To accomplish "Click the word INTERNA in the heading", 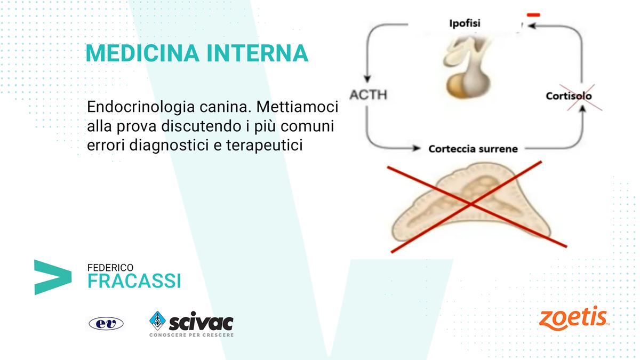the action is pyautogui.click(x=257, y=53).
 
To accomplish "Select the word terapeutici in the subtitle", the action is pyautogui.click(x=265, y=146).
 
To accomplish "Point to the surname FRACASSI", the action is pyautogui.click(x=134, y=281).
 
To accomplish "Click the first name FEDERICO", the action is pyautogui.click(x=110, y=268).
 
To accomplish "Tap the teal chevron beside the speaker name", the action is pyautogui.click(x=53, y=277).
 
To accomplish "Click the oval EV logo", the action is pyautogui.click(x=106, y=324).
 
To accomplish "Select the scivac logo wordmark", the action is pyautogui.click(x=201, y=322).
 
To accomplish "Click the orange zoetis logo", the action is pyautogui.click(x=574, y=318).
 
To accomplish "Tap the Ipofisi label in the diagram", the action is pyautogui.click(x=465, y=23).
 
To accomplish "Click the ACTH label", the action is pyautogui.click(x=369, y=94).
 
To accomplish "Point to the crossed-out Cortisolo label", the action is pyautogui.click(x=569, y=96).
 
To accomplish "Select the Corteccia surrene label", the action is pyautogui.click(x=473, y=149).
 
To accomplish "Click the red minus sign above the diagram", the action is pyautogui.click(x=533, y=15).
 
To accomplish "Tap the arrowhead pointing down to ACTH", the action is pyautogui.click(x=367, y=79).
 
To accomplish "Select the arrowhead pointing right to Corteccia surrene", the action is pyautogui.click(x=417, y=148).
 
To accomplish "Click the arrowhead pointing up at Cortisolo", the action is pyautogui.click(x=583, y=109).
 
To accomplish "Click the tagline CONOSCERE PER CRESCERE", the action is pyautogui.click(x=191, y=335).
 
